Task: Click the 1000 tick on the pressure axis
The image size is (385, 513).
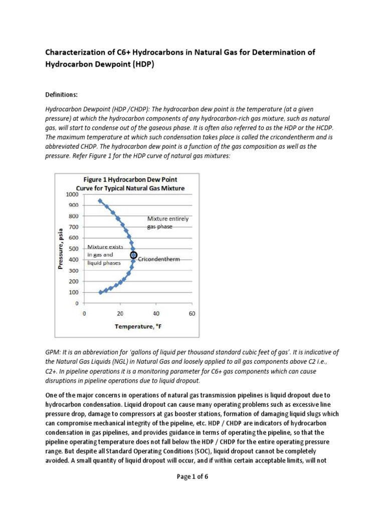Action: pyautogui.click(x=72, y=194)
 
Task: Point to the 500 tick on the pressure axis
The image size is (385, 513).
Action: pyautogui.click(x=74, y=248)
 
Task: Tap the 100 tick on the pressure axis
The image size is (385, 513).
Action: pyautogui.click(x=74, y=293)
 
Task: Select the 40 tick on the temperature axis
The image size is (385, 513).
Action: pyautogui.click(x=156, y=314)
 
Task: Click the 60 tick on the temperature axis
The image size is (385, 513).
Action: pyautogui.click(x=192, y=314)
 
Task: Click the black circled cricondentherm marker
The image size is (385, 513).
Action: pyautogui.click(x=133, y=255)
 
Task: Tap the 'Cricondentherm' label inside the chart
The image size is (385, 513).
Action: pyautogui.click(x=158, y=260)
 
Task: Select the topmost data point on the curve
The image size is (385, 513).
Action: pyautogui.click(x=100, y=201)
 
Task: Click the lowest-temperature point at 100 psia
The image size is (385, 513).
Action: pyautogui.click(x=101, y=292)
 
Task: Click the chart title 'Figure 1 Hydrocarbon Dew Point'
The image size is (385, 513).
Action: pyautogui.click(x=130, y=179)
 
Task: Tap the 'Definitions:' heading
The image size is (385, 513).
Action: pyautogui.click(x=62, y=94)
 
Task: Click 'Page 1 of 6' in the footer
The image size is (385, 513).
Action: pyautogui.click(x=192, y=476)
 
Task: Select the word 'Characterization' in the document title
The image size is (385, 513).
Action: pyautogui.click(x=76, y=53)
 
